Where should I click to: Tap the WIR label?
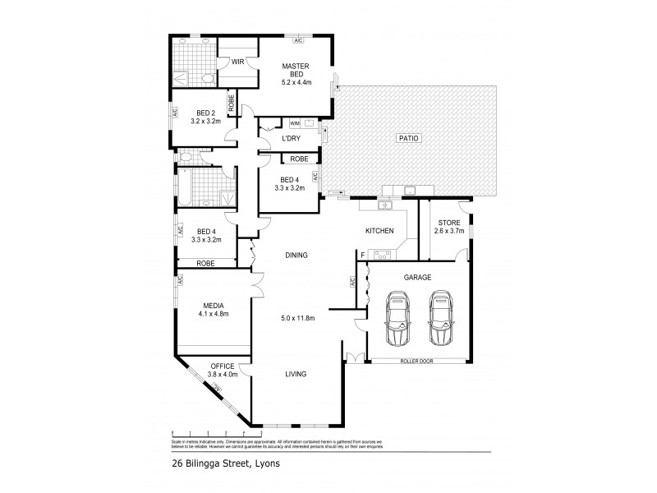pos(238,62)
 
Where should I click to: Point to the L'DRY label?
pos(292,138)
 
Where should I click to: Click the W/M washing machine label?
pos(296,123)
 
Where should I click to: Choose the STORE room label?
pos(448,222)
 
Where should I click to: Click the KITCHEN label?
pos(379,231)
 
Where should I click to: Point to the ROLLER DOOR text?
pos(416,361)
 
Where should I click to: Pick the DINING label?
pos(296,255)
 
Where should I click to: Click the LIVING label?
pos(296,374)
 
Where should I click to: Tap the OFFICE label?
pos(223,366)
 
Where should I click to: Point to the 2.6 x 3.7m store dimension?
pos(448,231)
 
